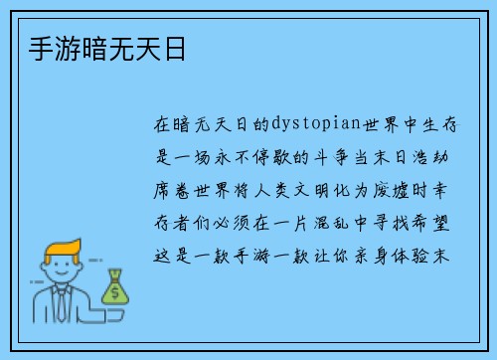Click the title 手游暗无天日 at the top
[98, 49]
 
